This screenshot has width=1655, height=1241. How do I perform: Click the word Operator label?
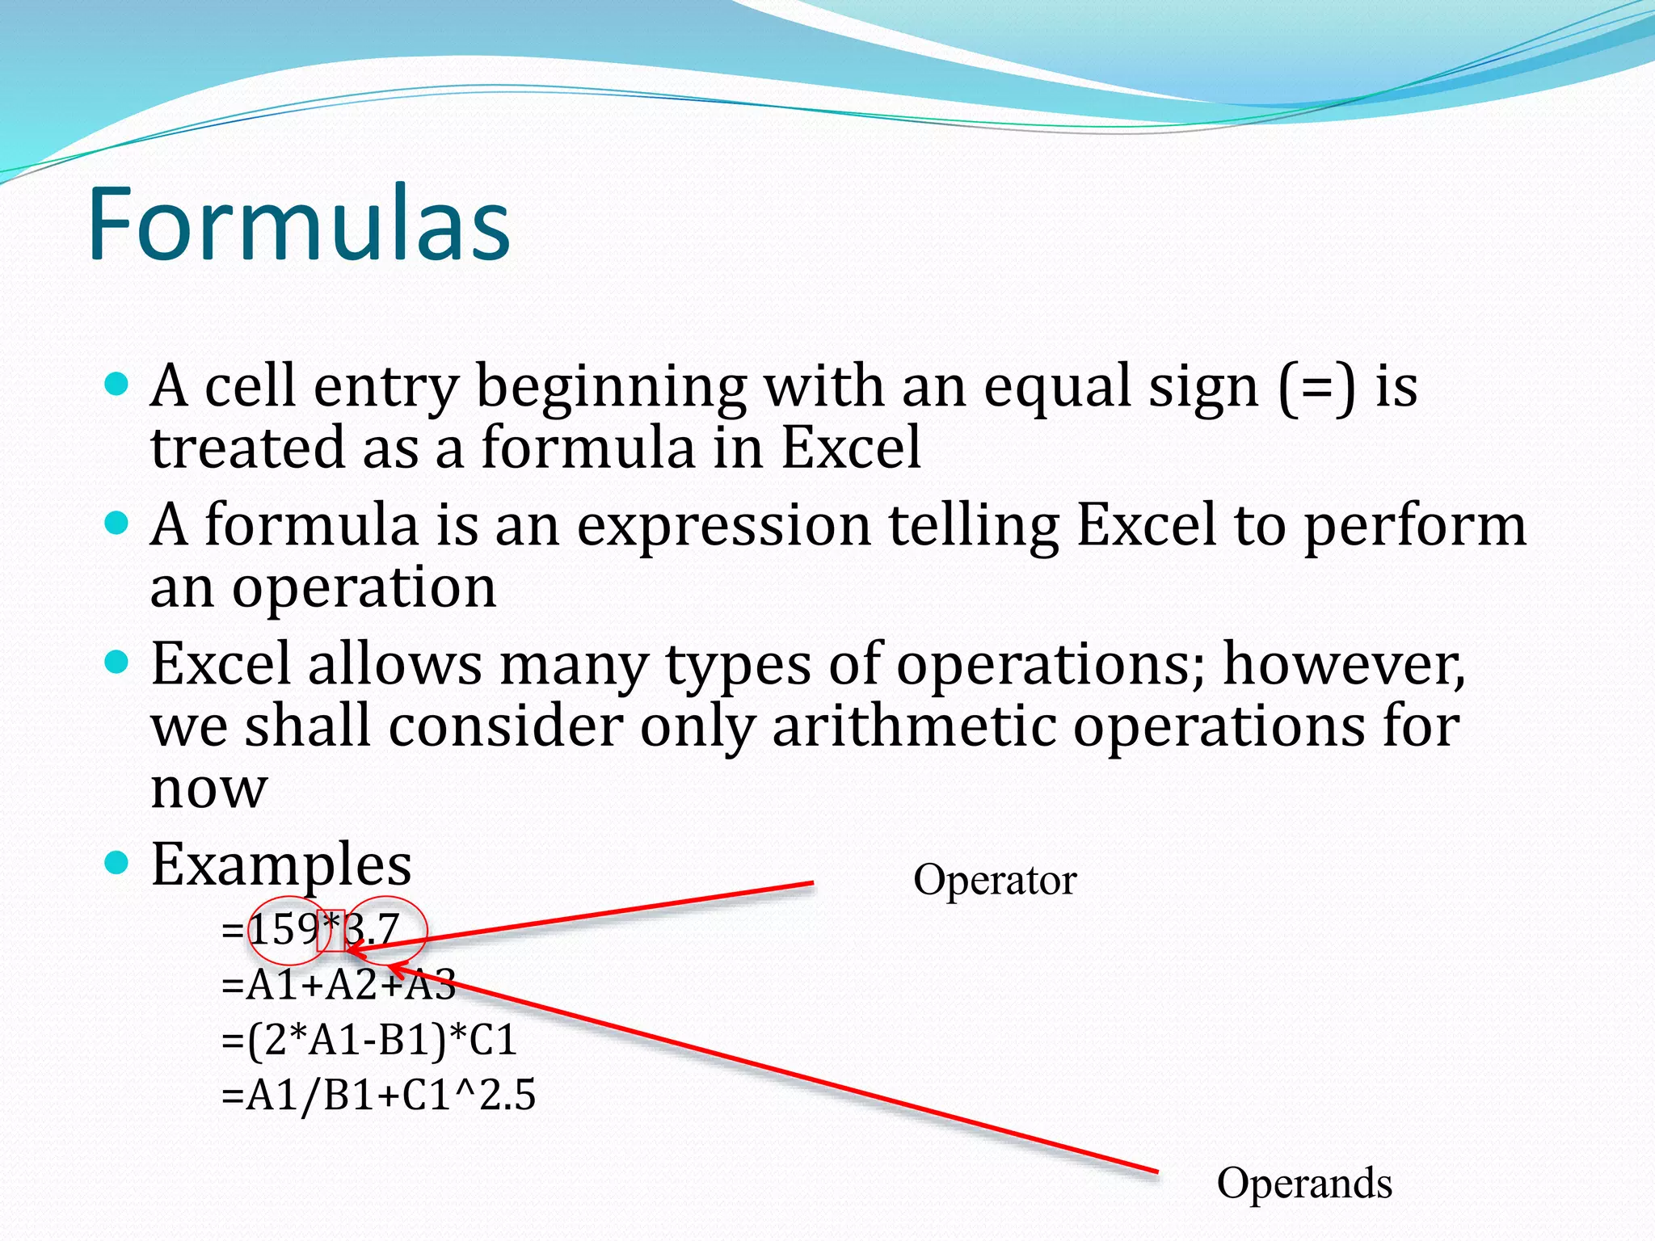point(995,880)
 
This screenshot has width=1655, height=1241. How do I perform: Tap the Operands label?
point(1303,1184)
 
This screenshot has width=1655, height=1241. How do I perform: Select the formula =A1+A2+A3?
point(339,985)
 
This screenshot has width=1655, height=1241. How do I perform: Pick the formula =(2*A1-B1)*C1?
point(368,1040)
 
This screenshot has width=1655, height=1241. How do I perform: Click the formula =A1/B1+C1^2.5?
point(378,1096)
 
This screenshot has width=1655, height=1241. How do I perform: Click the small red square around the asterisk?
point(331,930)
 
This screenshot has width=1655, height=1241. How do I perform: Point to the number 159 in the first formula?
point(283,930)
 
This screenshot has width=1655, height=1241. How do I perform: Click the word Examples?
point(281,864)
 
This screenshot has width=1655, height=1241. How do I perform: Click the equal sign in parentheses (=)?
point(1317,386)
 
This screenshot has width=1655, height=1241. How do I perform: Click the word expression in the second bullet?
point(724,525)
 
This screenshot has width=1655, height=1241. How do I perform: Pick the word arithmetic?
point(914,726)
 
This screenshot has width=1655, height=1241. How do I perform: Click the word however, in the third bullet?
point(1344,664)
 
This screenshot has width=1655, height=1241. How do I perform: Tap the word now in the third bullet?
point(208,788)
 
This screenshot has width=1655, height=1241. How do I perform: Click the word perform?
point(1415,525)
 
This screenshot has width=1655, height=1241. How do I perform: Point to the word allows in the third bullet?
point(394,664)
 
